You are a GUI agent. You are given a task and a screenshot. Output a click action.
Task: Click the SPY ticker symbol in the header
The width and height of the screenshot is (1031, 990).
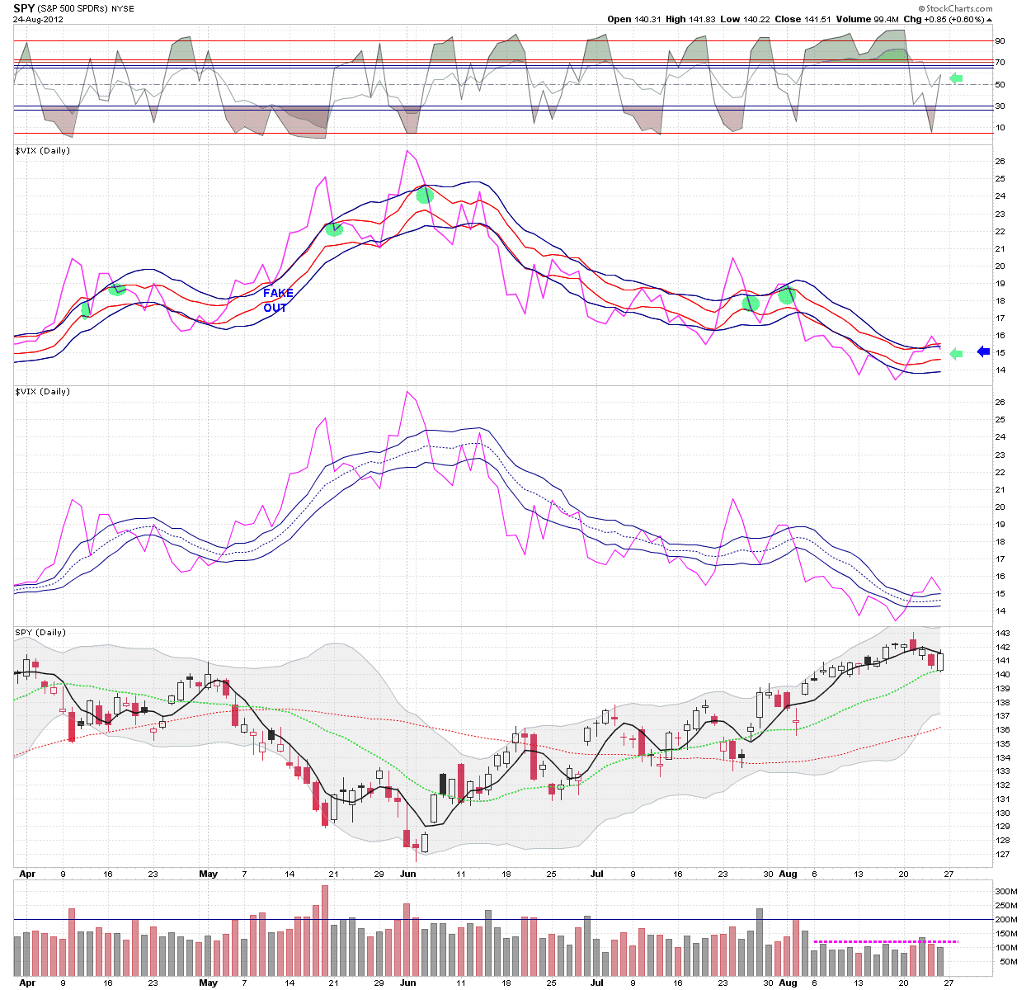pos(24,8)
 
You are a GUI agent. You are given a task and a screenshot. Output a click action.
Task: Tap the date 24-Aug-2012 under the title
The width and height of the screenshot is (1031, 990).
pos(38,20)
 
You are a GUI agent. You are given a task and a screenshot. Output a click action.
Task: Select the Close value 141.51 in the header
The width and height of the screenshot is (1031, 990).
pos(816,20)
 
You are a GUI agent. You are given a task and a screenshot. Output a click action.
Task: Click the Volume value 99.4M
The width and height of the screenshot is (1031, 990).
pos(885,20)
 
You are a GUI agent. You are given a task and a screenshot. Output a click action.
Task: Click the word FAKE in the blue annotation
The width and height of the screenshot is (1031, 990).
pos(278,293)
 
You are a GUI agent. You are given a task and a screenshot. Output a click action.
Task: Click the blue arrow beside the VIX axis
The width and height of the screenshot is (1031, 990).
pos(983,351)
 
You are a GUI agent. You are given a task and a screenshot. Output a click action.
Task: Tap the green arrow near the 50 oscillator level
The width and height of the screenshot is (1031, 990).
pos(956,79)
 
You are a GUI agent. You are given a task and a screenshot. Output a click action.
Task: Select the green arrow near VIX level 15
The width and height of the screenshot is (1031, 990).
pos(956,353)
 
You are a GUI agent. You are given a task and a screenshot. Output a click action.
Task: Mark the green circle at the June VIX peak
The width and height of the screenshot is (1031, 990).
pos(425,196)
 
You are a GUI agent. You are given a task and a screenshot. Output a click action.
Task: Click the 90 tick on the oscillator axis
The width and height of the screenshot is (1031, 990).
pos(1000,40)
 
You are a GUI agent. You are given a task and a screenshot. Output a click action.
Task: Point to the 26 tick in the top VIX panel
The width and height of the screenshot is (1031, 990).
pos(1000,161)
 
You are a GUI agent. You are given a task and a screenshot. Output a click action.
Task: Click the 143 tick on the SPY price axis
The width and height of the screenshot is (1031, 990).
pos(1002,633)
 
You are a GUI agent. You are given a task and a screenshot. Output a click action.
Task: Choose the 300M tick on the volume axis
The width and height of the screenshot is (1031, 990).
pos(1005,892)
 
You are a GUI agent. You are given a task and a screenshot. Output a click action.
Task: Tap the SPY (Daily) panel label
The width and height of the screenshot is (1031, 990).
pos(40,632)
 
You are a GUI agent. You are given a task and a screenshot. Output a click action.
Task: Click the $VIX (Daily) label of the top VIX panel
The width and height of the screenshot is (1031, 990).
pos(42,150)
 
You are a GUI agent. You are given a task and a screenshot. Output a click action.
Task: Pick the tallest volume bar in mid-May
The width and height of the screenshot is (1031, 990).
pos(325,931)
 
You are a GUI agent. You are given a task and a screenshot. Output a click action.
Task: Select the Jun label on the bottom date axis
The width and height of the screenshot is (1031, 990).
pos(408,983)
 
